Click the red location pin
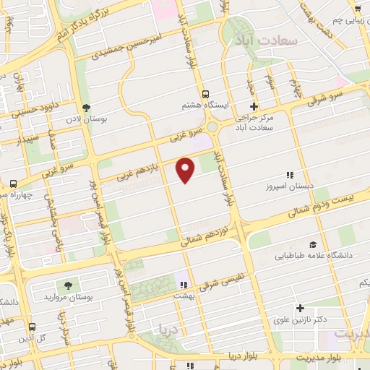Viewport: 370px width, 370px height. (x=186, y=169)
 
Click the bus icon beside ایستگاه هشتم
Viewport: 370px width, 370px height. (x=206, y=94)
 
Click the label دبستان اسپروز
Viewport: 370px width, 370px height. (x=289, y=186)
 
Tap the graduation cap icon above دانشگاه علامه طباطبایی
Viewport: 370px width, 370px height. (x=313, y=244)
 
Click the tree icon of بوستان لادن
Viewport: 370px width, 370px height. (x=86, y=107)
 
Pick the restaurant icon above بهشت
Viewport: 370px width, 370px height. (x=184, y=284)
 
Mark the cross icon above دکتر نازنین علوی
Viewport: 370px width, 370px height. (x=301, y=308)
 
